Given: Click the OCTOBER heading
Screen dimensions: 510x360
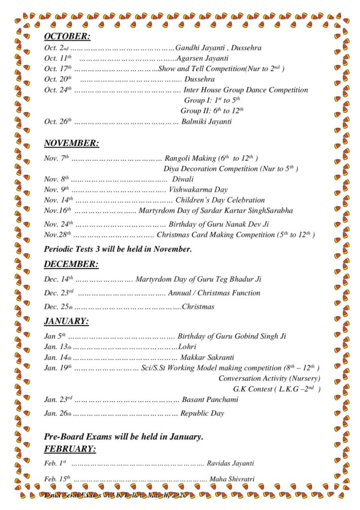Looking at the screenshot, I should tap(67, 36).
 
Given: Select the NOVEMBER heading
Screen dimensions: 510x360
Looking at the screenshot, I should tap(71, 143).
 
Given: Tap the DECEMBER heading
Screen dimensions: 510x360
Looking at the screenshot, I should tap(71, 264).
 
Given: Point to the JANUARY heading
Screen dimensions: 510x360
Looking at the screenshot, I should tap(66, 321).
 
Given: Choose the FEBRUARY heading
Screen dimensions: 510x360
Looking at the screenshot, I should tap(70, 449).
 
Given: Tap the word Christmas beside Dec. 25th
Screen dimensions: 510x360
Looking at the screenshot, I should tap(198, 307).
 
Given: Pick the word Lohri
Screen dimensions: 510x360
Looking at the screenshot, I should tap(187, 347).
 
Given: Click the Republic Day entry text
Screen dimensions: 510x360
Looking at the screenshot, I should tap(202, 413).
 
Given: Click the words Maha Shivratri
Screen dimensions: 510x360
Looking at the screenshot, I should tap(232, 479).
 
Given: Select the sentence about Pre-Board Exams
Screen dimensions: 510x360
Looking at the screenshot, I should tap(123, 437).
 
